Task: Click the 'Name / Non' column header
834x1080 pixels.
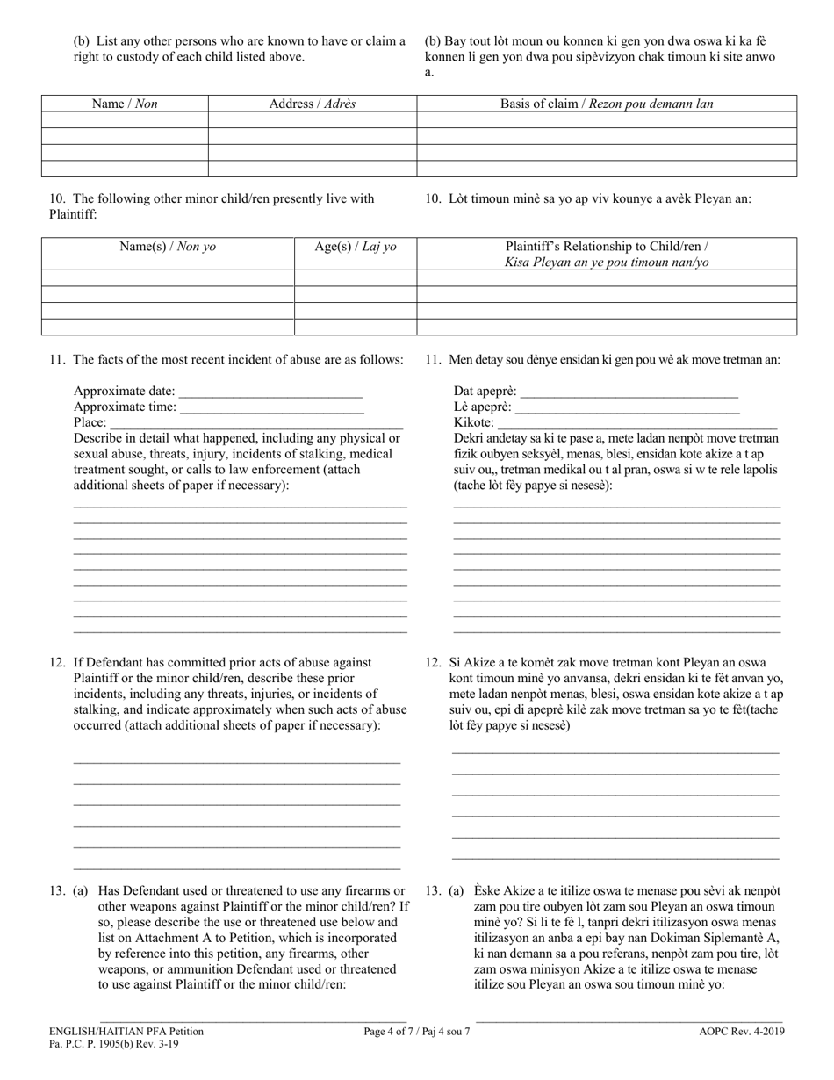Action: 125,104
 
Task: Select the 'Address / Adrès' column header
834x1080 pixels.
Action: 312,104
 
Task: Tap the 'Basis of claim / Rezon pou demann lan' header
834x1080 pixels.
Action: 607,104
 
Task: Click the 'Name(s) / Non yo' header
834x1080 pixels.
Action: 168,247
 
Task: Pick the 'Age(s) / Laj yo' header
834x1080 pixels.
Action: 356,247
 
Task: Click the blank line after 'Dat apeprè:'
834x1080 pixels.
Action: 629,392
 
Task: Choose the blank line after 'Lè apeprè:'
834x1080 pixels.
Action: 627,407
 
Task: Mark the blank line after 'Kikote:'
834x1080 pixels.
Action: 637,423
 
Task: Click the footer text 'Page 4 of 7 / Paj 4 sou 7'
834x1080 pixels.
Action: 417,1033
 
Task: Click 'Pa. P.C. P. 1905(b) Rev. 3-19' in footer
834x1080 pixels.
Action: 111,1046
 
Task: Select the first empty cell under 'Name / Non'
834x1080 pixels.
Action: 125,119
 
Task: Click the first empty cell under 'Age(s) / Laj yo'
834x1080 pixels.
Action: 356,278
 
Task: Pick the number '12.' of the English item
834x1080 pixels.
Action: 58,663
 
